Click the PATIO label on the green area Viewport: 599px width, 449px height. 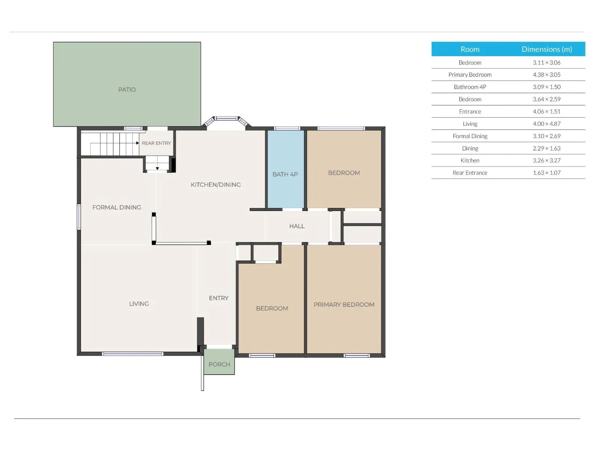(127, 90)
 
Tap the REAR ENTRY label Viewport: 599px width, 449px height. (156, 143)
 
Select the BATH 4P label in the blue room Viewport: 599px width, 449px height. (285, 174)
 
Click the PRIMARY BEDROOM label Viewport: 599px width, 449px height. (344, 305)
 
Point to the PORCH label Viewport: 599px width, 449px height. (219, 364)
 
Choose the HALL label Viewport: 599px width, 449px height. (297, 226)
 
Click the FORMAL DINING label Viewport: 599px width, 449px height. (116, 207)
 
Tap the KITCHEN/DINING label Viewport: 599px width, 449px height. (216, 184)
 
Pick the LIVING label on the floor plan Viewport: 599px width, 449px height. (139, 304)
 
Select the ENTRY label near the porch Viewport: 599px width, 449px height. (219, 298)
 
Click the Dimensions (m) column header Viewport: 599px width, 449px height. (547, 49)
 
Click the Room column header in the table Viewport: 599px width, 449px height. (470, 49)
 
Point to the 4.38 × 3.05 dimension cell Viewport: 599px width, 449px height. (547, 75)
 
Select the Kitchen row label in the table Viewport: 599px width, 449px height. (470, 161)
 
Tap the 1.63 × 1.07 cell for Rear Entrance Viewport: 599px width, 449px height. (547, 173)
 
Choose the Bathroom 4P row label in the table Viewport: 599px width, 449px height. (470, 87)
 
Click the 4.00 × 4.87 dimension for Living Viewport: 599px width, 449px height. (547, 124)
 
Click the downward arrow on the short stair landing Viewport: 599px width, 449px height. (158, 168)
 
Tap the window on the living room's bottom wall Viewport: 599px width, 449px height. (133, 354)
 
